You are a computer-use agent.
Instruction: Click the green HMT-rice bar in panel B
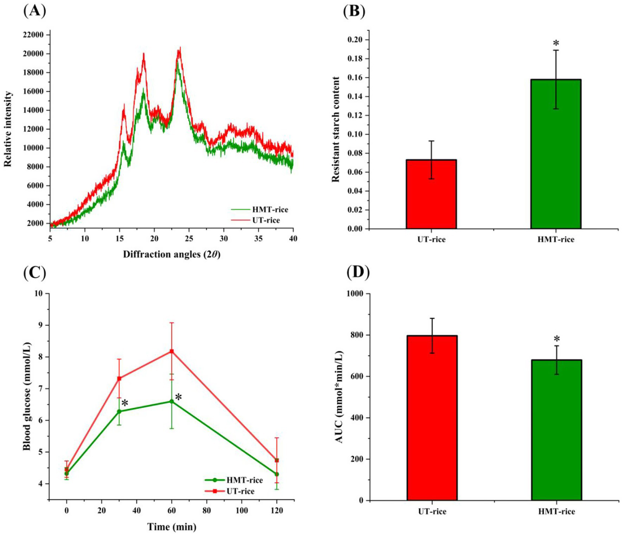point(556,154)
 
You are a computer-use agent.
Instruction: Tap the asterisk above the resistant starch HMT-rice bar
point(556,43)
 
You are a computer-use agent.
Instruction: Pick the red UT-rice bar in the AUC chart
point(432,418)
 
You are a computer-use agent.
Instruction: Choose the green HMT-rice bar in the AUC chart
point(556,430)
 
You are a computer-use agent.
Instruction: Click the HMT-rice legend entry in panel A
point(260,210)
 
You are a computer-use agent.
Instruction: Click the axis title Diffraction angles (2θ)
point(171,255)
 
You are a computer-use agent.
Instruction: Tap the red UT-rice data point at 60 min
point(172,351)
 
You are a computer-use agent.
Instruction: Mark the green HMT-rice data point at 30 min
point(119,411)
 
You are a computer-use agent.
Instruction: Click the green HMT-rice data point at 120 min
point(277,474)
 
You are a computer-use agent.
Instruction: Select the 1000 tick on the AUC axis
point(355,294)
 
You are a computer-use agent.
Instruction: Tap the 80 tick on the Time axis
point(207,510)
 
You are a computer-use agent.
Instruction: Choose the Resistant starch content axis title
point(336,129)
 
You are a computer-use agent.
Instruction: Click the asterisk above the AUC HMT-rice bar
point(557,339)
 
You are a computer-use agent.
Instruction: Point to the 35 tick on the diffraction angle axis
point(258,238)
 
